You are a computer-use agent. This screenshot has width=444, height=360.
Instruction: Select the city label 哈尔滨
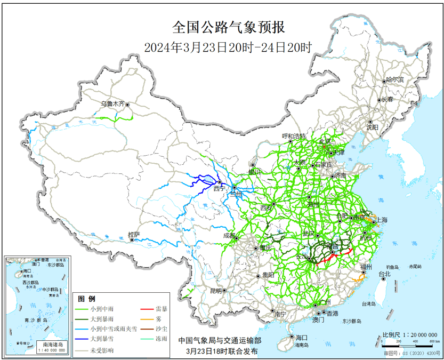395,79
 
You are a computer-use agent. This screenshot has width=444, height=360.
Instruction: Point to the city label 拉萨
133,235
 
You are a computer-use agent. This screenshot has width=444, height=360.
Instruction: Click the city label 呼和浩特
294,136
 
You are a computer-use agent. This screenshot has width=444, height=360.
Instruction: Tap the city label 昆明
215,291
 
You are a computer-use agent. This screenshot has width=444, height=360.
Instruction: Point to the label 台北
384,274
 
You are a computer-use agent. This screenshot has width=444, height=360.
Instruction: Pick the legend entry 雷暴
162,309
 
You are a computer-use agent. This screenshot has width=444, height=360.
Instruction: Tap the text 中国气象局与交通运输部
220,340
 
